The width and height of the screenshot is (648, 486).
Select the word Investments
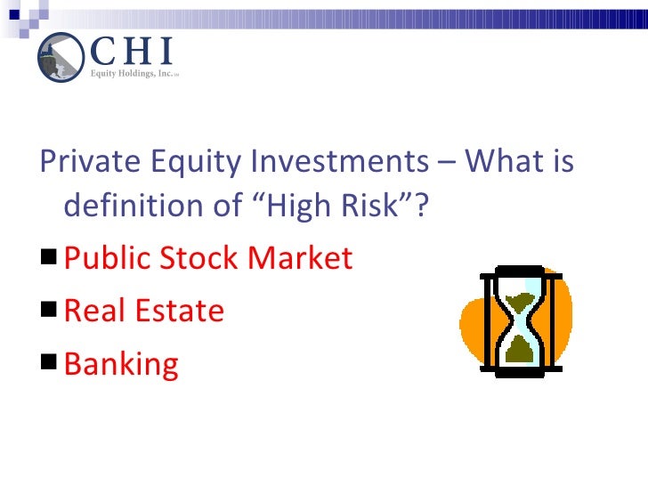click(336, 163)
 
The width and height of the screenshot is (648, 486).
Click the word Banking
click(122, 364)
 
